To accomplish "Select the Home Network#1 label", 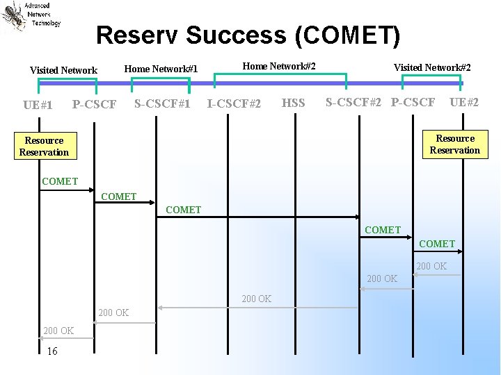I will (x=161, y=68).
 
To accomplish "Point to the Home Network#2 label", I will (x=279, y=66).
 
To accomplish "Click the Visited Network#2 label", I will (x=432, y=67).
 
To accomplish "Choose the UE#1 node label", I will (x=38, y=105).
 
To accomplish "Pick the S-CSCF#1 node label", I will (x=162, y=103).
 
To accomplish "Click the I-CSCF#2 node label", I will (x=234, y=104).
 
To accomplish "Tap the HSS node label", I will (x=293, y=103).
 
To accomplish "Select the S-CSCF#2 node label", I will (x=353, y=103).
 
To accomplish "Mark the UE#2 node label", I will (x=463, y=103).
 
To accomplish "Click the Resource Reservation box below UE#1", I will (x=44, y=147).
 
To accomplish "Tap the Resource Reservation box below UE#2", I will (x=455, y=144).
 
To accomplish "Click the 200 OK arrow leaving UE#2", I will (x=438, y=275).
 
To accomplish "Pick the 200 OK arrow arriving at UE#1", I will (x=67, y=338).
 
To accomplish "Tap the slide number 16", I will (x=52, y=351).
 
